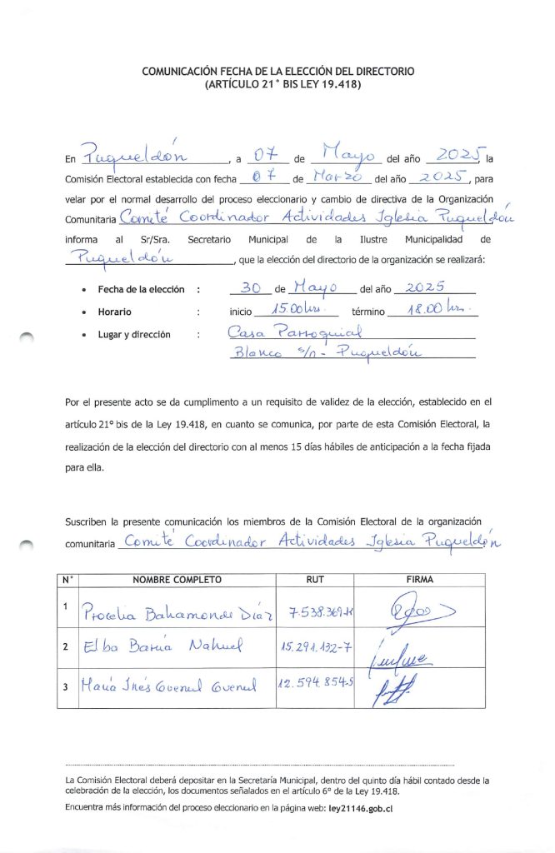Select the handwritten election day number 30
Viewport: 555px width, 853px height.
(x=249, y=287)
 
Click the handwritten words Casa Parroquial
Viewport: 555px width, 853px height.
(x=279, y=333)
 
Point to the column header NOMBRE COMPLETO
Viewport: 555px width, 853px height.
(x=177, y=579)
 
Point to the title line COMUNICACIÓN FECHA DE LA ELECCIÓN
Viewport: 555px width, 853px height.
(x=277, y=72)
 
